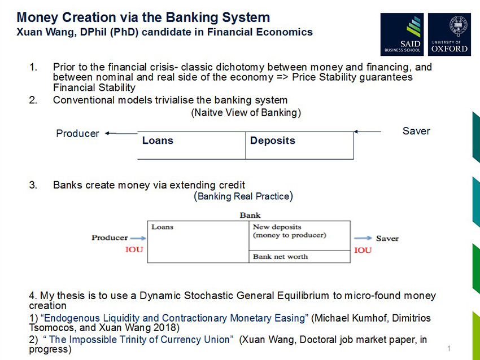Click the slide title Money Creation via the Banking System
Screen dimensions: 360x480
(x=143, y=17)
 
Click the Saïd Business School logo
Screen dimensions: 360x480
(x=402, y=34)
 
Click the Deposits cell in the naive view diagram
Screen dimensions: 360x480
(x=300, y=145)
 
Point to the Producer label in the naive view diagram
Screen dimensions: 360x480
(x=77, y=134)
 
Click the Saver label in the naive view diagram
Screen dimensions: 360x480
(x=416, y=131)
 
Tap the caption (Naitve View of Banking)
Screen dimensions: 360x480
(x=246, y=112)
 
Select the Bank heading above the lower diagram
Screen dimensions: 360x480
(x=250, y=215)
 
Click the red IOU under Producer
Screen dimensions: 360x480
(x=134, y=250)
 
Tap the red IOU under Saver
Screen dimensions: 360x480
(x=363, y=250)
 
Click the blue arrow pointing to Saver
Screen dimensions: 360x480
(x=363, y=238)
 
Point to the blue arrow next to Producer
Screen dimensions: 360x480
(x=138, y=238)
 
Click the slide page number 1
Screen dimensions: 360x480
(x=448, y=349)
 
